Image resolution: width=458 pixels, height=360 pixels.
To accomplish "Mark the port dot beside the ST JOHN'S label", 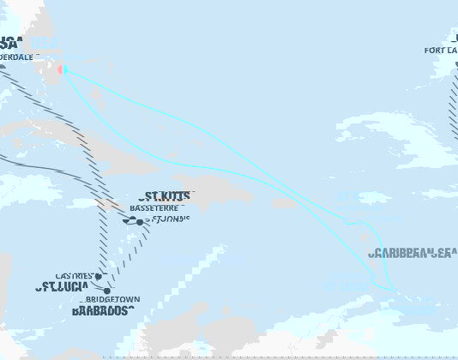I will point(140,223).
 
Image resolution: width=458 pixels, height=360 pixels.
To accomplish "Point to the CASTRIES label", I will point(75,276).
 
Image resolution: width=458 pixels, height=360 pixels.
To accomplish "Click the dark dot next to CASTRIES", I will point(99,276).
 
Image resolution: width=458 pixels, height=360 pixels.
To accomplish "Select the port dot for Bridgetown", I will point(106,291).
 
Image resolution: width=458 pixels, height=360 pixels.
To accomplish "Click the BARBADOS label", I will point(102,310).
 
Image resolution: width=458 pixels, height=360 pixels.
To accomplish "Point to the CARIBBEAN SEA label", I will point(413,253).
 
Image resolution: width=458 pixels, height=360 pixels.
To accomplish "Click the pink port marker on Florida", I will point(60,69).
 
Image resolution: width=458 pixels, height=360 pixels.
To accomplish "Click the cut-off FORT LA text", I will point(441,51).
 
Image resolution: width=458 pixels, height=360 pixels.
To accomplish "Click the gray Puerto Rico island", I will point(284,204).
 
